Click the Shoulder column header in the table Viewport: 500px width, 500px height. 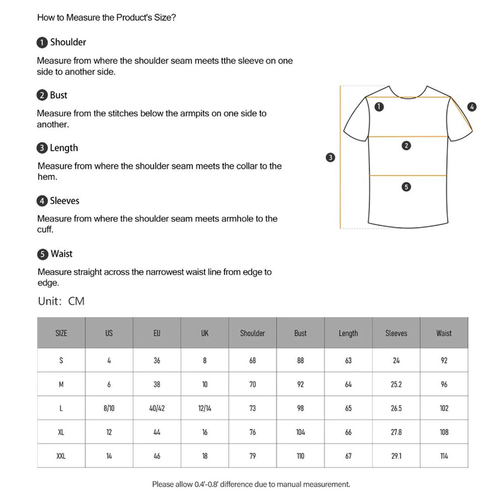(252, 333)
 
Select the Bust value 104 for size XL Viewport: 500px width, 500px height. (300, 432)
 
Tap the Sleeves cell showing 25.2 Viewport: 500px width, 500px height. (396, 384)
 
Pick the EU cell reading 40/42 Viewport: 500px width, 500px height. (157, 408)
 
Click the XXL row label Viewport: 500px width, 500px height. (61, 456)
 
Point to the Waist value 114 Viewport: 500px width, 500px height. (444, 456)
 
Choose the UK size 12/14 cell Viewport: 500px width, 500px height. (205, 408)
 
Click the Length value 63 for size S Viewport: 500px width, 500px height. (348, 361)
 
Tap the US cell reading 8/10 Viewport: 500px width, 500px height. (109, 408)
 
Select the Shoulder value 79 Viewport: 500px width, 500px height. (252, 456)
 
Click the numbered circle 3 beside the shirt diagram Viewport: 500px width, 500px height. (331, 157)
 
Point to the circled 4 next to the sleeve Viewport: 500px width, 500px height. (472, 107)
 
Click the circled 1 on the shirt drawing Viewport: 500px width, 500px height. (379, 106)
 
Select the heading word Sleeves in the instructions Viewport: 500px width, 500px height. (64, 201)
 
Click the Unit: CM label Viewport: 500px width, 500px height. (61, 301)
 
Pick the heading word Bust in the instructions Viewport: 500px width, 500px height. (59, 95)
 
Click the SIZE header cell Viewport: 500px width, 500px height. (61, 333)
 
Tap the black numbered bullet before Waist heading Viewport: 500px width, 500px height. (43, 254)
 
